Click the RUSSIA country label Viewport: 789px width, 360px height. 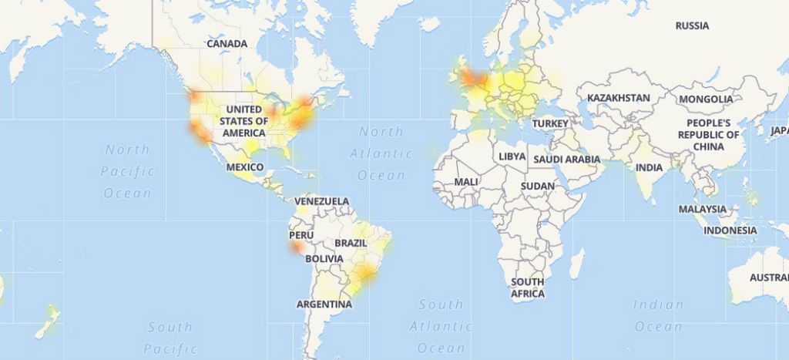click(692, 26)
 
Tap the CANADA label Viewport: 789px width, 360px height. click(227, 44)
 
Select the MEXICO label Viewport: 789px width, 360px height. click(245, 167)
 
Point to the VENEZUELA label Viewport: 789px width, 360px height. click(322, 202)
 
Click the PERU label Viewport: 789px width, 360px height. click(301, 235)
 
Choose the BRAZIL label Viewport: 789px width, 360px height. click(351, 243)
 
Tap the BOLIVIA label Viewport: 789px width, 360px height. click(324, 259)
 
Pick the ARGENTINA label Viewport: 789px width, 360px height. click(324, 304)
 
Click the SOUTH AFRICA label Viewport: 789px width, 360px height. click(528, 288)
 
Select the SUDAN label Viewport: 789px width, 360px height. click(537, 187)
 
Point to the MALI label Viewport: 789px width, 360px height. click(466, 182)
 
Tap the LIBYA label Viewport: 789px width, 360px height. click(512, 156)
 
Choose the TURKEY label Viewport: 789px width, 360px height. click(550, 123)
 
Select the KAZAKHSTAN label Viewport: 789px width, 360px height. click(618, 99)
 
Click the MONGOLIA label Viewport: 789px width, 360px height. click(706, 99)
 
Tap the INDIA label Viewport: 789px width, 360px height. click(649, 167)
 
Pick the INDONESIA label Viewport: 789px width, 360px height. click(730, 230)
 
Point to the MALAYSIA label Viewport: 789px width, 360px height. click(702, 209)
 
